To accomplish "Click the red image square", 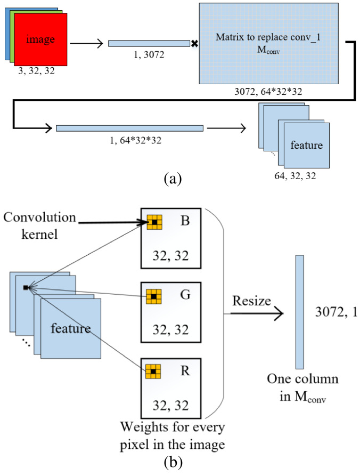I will click(40, 40).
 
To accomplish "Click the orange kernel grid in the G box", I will click(154, 295).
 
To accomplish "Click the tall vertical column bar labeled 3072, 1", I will click(299, 312).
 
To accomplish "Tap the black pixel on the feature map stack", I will click(25, 288).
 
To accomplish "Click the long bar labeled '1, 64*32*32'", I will click(129, 128).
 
